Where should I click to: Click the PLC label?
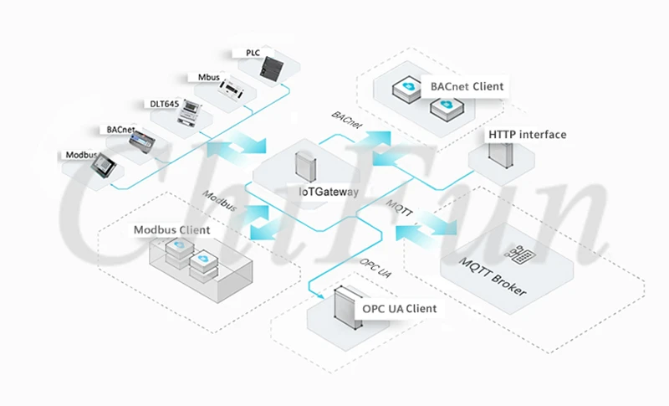click(x=253, y=53)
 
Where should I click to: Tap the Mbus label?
click(x=209, y=78)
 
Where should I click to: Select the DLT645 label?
click(x=165, y=104)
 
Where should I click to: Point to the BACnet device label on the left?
click(x=120, y=130)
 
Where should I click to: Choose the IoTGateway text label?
click(x=329, y=191)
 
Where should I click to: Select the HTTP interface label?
click(x=527, y=134)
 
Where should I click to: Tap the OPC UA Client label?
click(x=399, y=309)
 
